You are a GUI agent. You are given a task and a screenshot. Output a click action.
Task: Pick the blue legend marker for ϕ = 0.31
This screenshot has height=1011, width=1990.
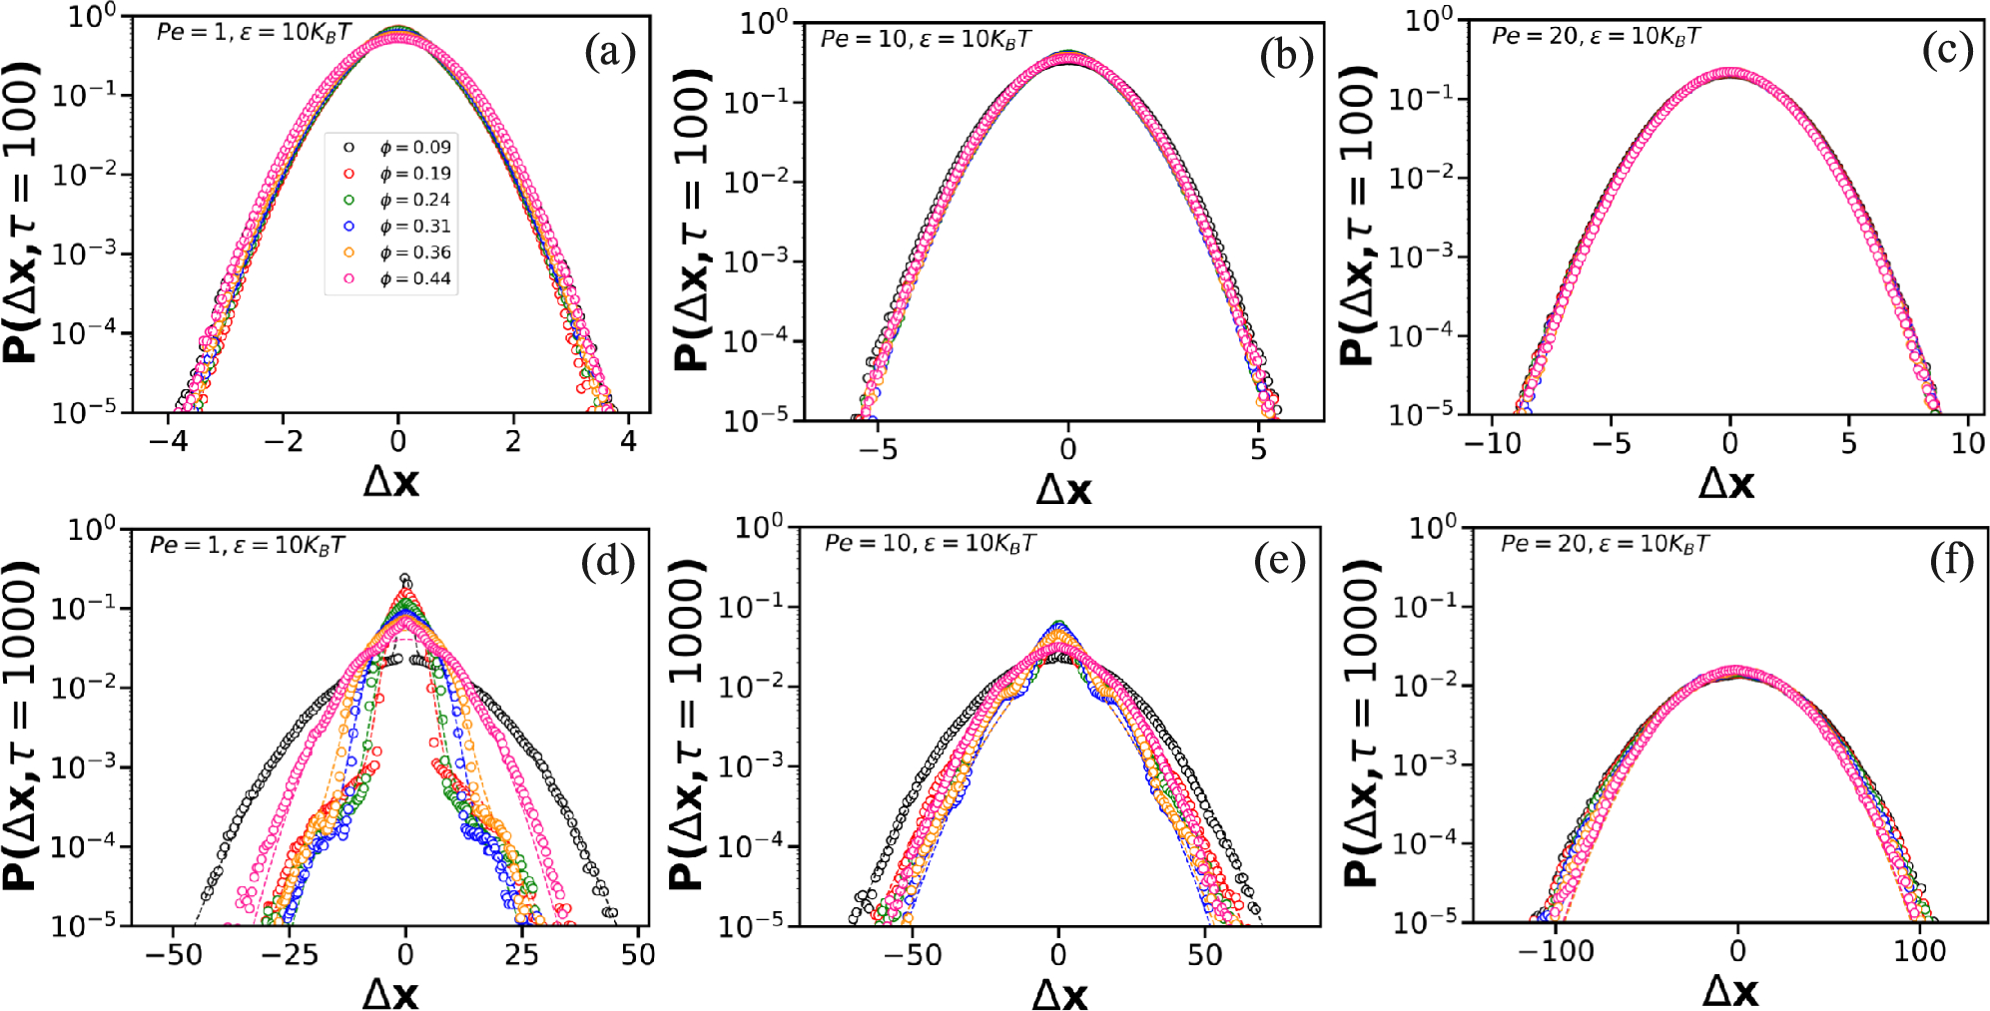348,227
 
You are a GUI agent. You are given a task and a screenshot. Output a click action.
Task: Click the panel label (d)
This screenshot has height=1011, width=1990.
607,563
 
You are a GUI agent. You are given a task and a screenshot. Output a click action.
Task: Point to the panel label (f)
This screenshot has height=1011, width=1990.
1951,561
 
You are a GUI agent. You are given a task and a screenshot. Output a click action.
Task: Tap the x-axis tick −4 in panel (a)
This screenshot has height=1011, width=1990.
168,441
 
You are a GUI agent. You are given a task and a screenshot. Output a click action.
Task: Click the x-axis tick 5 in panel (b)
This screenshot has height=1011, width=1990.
1258,449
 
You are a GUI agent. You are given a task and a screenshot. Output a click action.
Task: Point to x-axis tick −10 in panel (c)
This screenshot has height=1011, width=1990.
1492,443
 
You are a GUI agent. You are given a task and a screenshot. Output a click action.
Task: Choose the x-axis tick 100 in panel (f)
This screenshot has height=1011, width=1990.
1919,951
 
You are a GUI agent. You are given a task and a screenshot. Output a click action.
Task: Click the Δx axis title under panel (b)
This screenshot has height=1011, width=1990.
1063,489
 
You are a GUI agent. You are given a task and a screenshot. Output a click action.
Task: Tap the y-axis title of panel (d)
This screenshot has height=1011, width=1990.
22,726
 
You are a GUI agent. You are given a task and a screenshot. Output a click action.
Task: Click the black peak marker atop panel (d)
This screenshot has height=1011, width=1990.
404,578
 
